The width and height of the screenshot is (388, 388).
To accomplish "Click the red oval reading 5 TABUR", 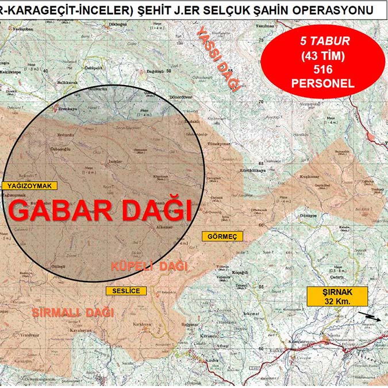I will [322, 60].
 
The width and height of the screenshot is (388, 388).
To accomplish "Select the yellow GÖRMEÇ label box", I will [222, 236].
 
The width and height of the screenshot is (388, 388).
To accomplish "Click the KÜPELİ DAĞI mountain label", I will [149, 267].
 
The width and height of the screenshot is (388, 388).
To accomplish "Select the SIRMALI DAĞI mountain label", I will [73, 313].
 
